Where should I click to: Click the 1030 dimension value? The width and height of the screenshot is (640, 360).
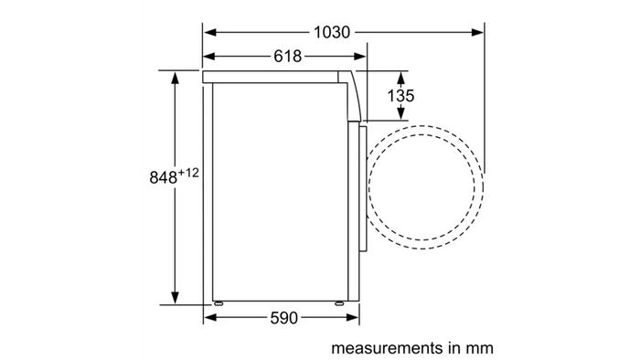pyautogui.click(x=331, y=32)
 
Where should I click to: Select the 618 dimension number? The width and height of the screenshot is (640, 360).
pyautogui.click(x=287, y=57)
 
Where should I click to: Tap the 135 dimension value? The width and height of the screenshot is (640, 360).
pyautogui.click(x=400, y=96)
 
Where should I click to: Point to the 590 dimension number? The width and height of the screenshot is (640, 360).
pyautogui.click(x=284, y=318)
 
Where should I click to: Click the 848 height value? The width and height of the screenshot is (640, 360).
pyautogui.click(x=164, y=178)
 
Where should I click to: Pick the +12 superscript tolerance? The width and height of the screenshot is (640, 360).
pyautogui.click(x=188, y=173)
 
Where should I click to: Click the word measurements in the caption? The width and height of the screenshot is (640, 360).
pyautogui.click(x=387, y=348)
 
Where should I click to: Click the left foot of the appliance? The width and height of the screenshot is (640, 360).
pyautogui.click(x=218, y=303)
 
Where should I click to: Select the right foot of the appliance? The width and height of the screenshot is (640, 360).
pyautogui.click(x=339, y=303)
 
